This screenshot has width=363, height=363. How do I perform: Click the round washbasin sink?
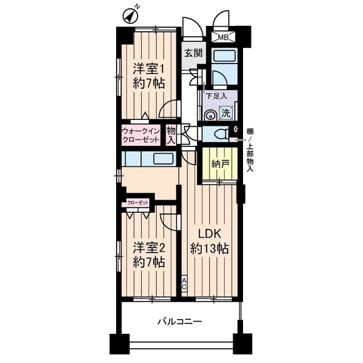point(210,115)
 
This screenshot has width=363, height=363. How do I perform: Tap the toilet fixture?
point(222,134)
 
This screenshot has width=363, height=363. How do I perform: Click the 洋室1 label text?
point(149,68)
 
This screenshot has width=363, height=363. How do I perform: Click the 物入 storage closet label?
point(171,135)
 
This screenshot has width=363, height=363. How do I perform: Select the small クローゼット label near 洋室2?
point(138,204)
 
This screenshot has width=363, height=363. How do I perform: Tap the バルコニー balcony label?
point(180,322)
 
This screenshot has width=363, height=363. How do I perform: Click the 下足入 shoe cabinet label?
point(216,97)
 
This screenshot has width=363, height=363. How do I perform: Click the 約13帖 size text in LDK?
point(208,248)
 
